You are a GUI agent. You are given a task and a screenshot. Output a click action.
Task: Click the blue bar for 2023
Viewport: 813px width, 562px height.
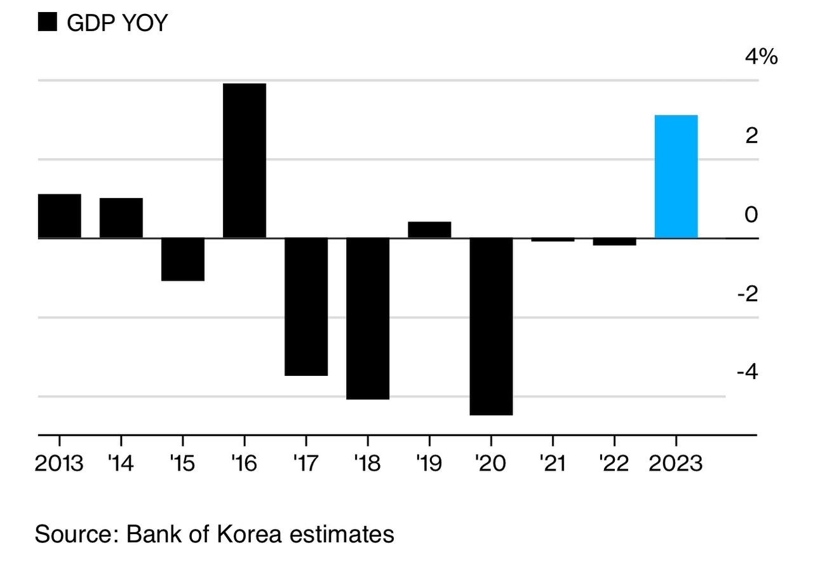[676, 177]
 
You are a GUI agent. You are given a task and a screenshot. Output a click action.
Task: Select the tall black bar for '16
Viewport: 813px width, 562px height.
[245, 161]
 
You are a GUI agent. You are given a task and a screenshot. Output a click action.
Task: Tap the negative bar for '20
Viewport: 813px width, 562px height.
[491, 326]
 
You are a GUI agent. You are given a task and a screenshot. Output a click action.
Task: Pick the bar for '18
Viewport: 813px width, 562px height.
[368, 319]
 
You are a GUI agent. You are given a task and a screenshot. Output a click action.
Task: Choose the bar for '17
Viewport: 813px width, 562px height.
[306, 307]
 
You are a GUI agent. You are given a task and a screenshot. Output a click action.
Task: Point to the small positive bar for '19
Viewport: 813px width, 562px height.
[429, 230]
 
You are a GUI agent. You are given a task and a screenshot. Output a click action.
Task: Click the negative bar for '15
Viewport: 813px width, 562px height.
[183, 259]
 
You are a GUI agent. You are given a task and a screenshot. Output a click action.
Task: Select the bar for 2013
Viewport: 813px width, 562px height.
[60, 216]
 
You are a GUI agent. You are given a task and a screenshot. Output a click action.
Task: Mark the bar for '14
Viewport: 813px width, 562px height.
[121, 218]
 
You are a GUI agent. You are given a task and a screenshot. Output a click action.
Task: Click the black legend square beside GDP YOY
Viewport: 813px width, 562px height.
[48, 23]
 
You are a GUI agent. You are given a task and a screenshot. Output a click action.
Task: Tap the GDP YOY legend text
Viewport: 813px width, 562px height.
[117, 23]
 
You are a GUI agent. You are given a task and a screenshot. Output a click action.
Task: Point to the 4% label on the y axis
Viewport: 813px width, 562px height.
[761, 57]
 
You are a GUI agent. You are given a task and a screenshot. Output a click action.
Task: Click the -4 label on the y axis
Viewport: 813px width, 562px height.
[747, 371]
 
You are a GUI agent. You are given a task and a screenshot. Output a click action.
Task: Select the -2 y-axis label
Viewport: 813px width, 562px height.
[747, 293]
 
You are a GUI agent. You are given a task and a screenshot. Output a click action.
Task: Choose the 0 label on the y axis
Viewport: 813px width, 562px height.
[751, 215]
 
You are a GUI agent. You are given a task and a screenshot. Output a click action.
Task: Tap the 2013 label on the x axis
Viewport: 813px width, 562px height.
[59, 464]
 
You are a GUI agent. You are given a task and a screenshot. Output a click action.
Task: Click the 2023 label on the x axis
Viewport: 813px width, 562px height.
[675, 464]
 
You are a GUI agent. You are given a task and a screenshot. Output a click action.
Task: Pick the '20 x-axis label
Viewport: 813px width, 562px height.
[490, 464]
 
